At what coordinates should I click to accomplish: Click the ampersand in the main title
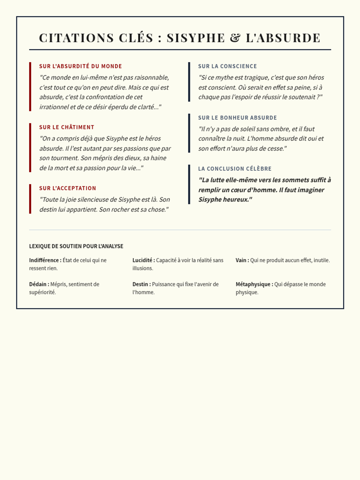[235, 38]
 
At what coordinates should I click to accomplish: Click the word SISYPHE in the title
[196, 38]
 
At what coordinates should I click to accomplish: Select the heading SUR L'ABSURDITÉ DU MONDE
[80, 66]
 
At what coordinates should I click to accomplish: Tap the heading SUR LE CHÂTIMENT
[67, 127]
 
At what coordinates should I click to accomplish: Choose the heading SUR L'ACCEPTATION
[67, 188]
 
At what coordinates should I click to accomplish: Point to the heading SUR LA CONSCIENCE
[227, 66]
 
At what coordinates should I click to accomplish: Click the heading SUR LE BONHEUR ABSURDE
[237, 118]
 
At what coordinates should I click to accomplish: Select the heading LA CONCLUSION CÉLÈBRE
[235, 169]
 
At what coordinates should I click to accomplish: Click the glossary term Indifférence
[44, 260]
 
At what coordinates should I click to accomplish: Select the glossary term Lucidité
[142, 260]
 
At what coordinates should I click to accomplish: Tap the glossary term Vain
[241, 260]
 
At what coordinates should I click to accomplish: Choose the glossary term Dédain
[38, 284]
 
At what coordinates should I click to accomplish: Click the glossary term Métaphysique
[253, 284]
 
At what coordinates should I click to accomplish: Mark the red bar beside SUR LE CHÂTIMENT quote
[30, 148]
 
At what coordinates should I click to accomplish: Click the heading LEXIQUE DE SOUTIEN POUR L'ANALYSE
[76, 246]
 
